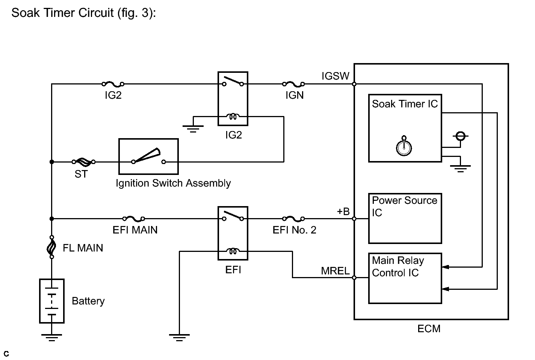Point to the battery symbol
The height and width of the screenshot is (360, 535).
(x=52, y=301)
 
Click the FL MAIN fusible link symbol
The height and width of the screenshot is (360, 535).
(x=51, y=247)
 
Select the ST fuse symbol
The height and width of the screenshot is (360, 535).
(x=83, y=162)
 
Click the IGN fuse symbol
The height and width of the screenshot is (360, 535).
(x=293, y=84)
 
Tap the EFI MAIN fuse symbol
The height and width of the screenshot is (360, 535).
(x=133, y=218)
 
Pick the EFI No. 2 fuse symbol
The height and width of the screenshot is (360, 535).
(x=293, y=218)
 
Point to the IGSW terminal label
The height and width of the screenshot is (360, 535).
(x=336, y=76)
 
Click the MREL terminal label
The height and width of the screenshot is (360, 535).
(x=335, y=271)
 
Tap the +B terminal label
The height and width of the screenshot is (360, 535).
(x=343, y=211)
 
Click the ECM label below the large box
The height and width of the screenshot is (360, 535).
(x=429, y=329)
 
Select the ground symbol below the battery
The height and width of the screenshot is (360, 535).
(x=51, y=337)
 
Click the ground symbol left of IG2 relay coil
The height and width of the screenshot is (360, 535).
(x=193, y=129)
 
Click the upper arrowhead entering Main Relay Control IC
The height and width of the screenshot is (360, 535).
(x=446, y=267)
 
